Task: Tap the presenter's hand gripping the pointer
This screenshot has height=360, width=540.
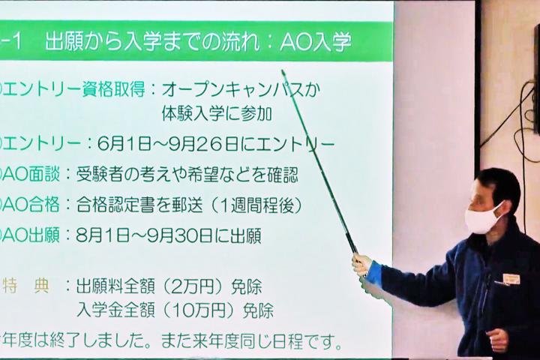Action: [362, 265]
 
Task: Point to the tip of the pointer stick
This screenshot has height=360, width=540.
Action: [283, 71]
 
